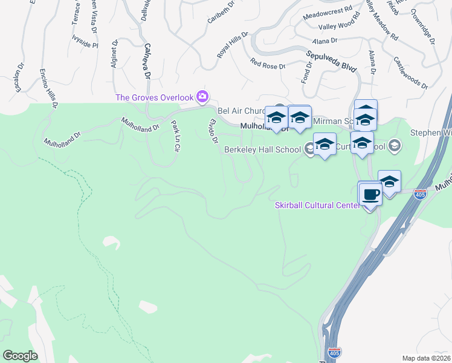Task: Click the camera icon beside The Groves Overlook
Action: [202, 97]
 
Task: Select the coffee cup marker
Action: [370, 195]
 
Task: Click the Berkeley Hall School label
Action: [262, 149]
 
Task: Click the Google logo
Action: [20, 355]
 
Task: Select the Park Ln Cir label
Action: [176, 136]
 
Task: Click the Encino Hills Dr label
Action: [48, 88]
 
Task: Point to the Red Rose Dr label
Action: [267, 64]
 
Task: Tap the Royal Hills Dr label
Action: [233, 46]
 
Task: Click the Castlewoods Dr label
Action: [410, 73]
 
